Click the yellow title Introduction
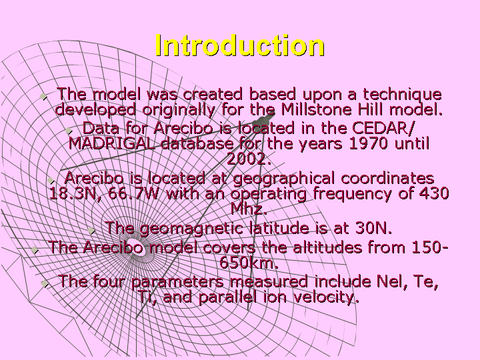(x=240, y=45)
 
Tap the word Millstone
(x=316, y=109)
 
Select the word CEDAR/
(x=383, y=128)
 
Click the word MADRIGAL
(x=112, y=143)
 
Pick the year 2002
(x=249, y=159)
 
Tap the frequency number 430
(x=434, y=193)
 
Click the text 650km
(x=249, y=263)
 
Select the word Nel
(x=392, y=281)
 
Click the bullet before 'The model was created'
(x=43, y=97)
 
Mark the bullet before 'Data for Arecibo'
(x=69, y=131)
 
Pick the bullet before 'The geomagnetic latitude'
(x=91, y=231)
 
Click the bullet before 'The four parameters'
(x=45, y=284)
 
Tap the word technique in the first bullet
(x=402, y=94)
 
